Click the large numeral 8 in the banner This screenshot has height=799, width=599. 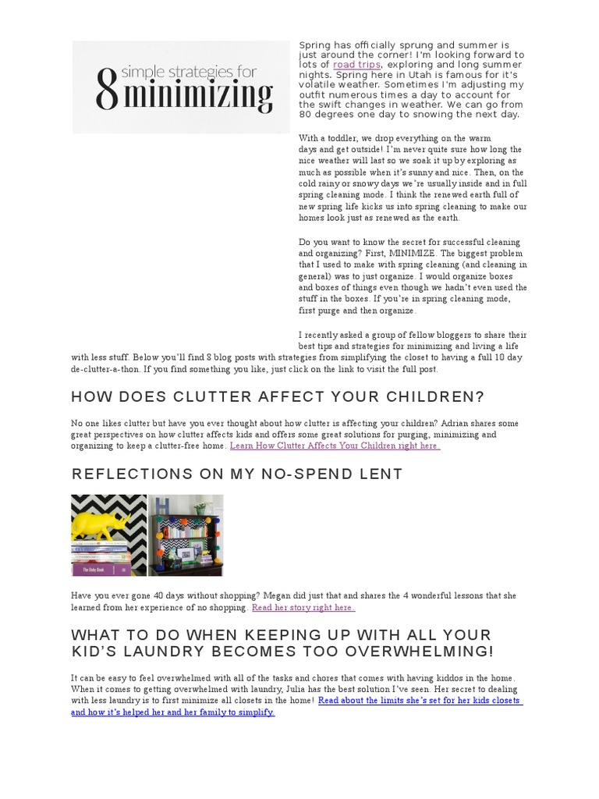[x=107, y=87]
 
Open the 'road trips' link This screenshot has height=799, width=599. [x=356, y=65]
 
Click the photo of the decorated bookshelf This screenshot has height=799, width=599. [x=186, y=534]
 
